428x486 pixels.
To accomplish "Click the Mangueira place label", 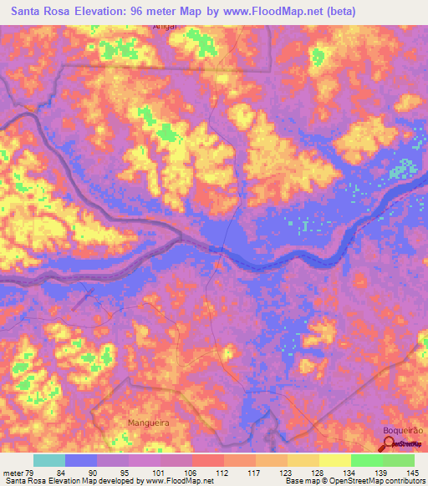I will [148, 423].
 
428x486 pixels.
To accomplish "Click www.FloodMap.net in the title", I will [266, 12].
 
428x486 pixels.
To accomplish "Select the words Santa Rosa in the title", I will [38, 12].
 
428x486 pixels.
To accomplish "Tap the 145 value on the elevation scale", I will [411, 473].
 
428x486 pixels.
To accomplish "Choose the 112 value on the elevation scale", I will [223, 473].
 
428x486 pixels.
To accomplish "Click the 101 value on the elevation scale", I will [160, 473].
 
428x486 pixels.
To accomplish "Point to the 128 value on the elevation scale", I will [318, 473].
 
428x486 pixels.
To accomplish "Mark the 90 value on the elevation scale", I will [97, 473].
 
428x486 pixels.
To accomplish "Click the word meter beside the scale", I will [13, 473].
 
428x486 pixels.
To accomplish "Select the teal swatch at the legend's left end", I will [49, 460].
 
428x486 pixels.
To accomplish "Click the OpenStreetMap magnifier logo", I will [385, 444].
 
